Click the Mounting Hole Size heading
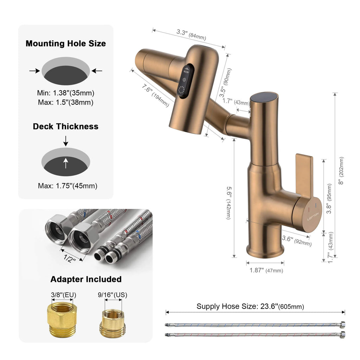pos(66,44)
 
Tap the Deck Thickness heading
pos(66,126)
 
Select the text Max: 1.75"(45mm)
pos(67,186)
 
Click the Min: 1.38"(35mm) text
pos(66,93)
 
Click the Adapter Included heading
pos(86,279)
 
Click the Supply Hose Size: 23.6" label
pos(250,306)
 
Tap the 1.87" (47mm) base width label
pos(266,270)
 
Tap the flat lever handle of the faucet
pos(304,172)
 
